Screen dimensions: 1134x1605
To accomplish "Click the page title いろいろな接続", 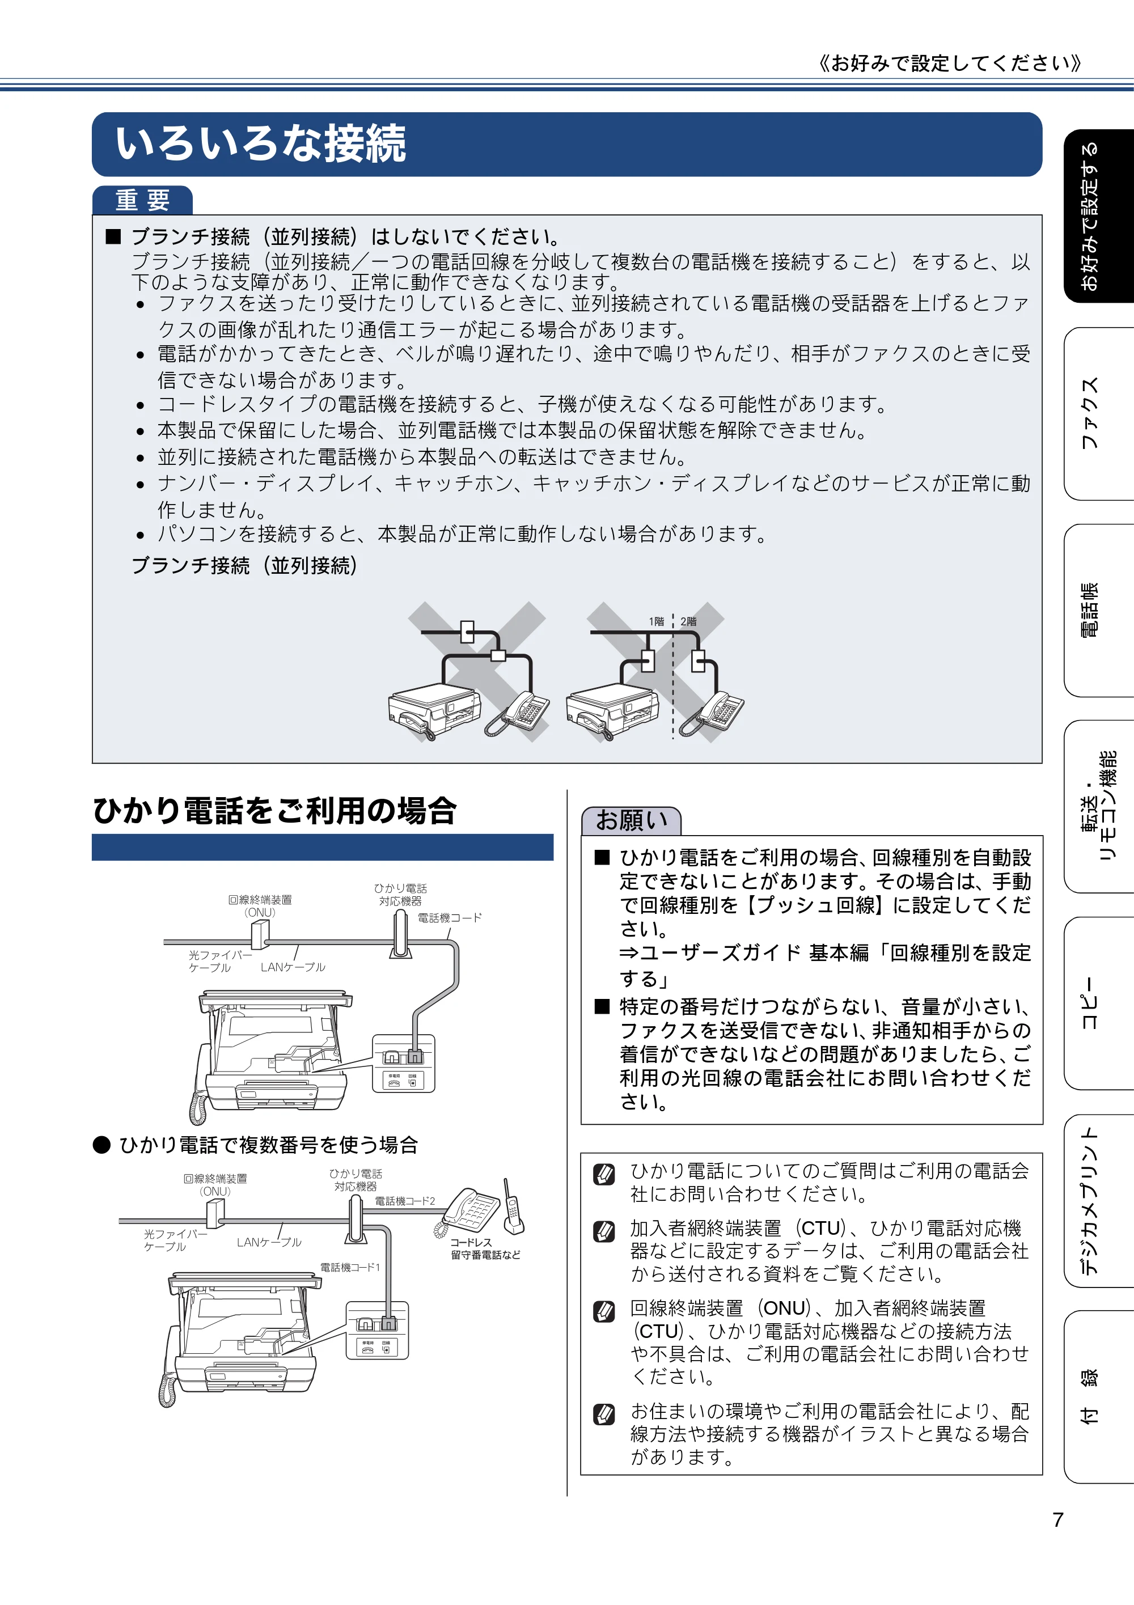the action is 260,144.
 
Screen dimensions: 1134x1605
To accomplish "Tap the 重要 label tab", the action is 143,201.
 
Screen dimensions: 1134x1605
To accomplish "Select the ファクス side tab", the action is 1098,413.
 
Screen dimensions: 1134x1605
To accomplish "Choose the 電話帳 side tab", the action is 1098,610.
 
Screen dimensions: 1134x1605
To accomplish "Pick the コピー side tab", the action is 1098,1003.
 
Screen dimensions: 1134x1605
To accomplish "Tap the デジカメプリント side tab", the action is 1098,1200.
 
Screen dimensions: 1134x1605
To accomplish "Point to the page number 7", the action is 1058,1519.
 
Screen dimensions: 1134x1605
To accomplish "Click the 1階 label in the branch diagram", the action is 656,621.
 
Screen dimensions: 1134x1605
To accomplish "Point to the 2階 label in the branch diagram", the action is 689,621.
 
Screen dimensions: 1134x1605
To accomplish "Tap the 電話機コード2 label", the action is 405,1201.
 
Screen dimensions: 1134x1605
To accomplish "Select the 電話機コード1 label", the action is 350,1267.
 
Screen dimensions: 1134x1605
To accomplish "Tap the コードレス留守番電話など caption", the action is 485,1248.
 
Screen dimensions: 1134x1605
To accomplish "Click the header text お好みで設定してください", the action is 950,63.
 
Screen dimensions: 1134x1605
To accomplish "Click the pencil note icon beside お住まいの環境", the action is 604,1414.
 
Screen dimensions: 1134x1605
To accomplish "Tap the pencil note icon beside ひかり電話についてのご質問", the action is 604,1174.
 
